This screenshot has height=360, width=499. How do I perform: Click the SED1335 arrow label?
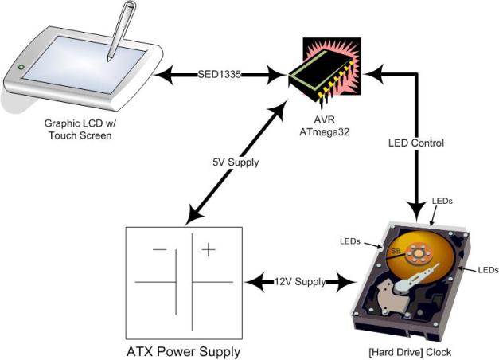click(x=220, y=76)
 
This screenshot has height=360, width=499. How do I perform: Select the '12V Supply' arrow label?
click(x=299, y=282)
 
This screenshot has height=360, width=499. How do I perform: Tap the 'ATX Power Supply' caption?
click(x=183, y=350)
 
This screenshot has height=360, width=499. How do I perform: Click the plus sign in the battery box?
click(x=209, y=249)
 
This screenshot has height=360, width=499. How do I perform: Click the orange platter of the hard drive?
click(x=434, y=239)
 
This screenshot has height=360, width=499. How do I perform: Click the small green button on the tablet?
click(x=21, y=67)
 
